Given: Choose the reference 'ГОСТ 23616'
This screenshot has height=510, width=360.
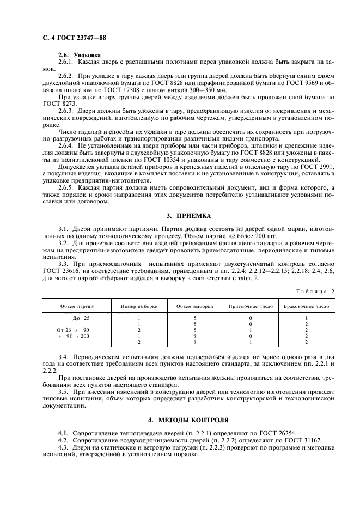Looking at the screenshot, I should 58,270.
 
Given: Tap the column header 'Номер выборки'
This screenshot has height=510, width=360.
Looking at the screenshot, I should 139,306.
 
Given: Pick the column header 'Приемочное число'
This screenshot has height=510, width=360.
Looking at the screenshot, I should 251,306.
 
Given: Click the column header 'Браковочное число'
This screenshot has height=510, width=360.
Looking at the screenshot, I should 307,306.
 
